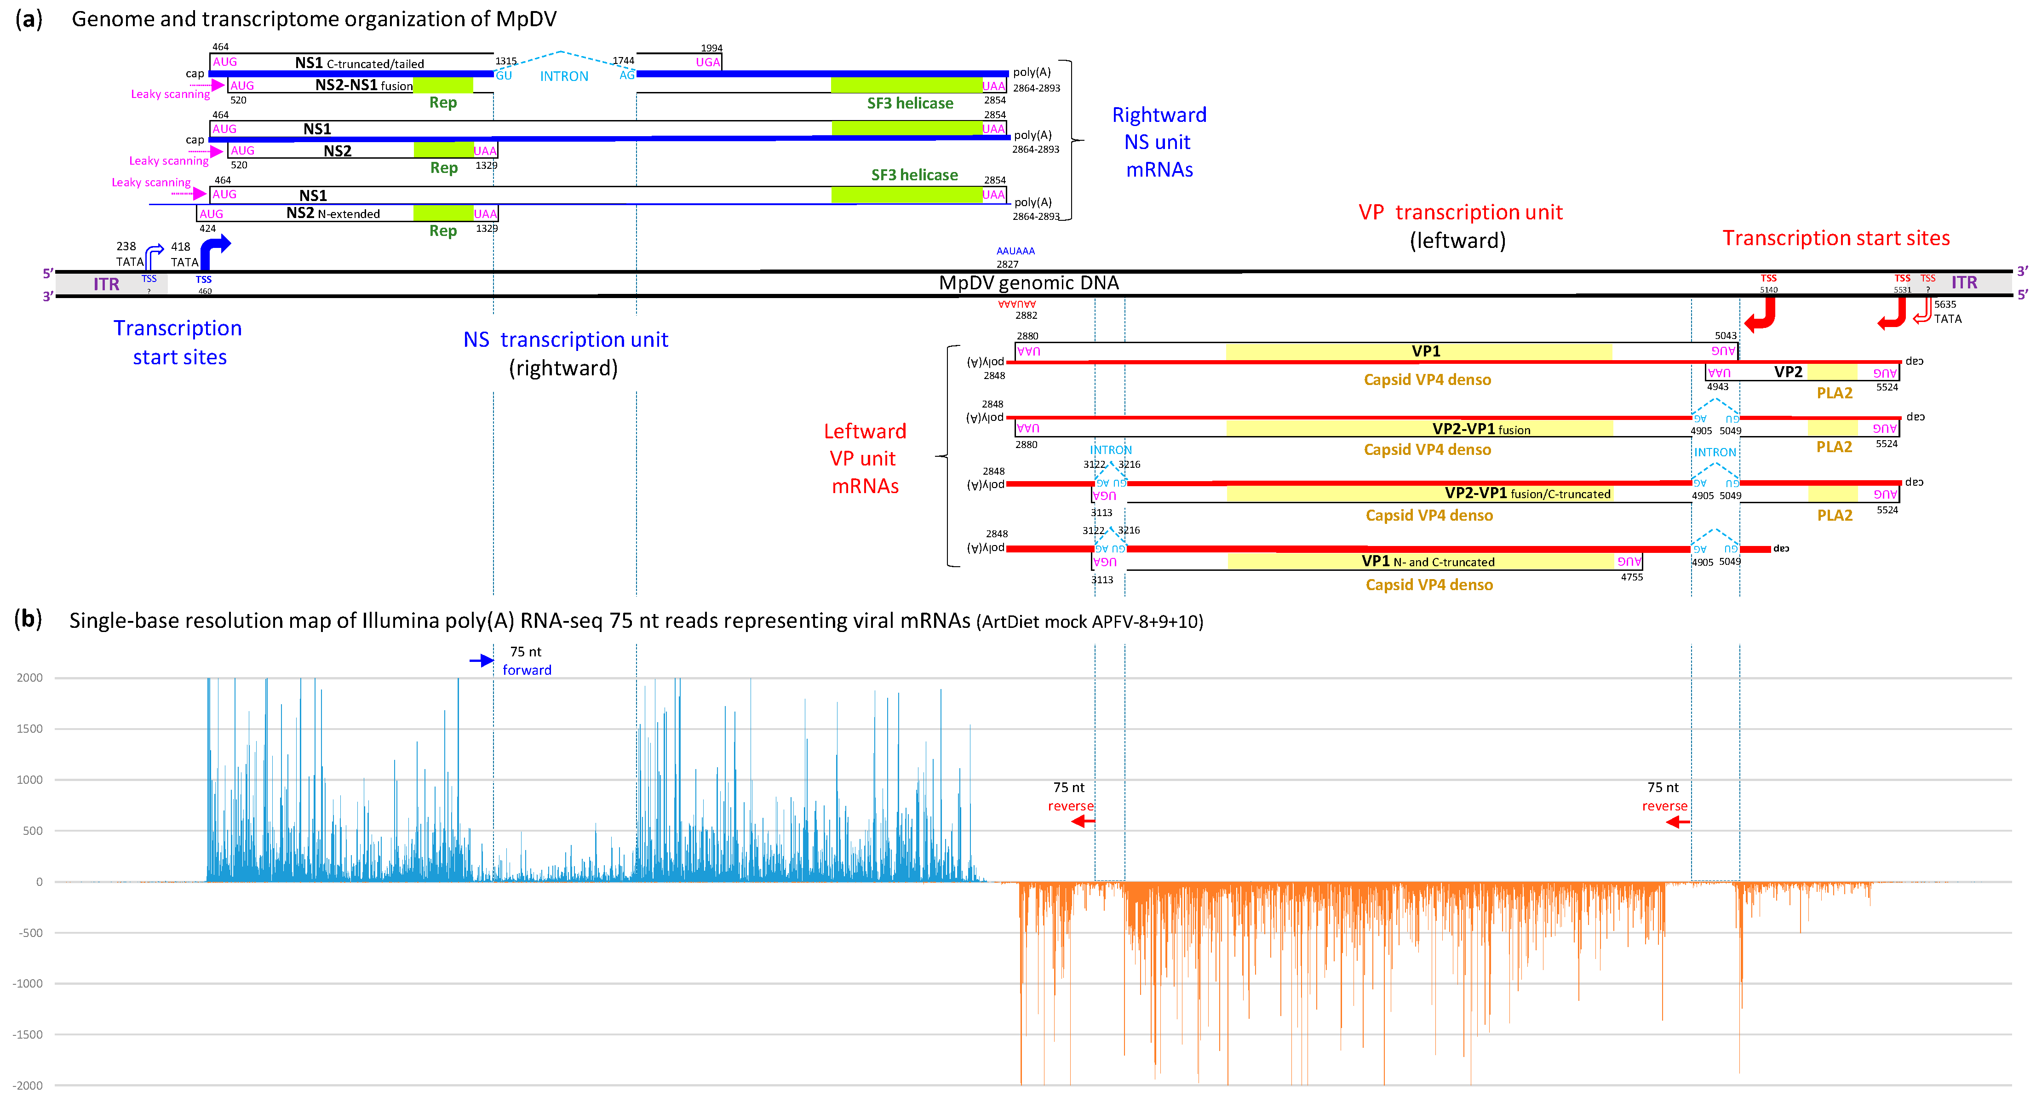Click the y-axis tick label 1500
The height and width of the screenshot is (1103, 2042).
pyautogui.click(x=29, y=729)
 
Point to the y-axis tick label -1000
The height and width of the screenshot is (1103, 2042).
pyautogui.click(x=27, y=983)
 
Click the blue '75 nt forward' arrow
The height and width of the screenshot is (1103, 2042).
pyautogui.click(x=481, y=661)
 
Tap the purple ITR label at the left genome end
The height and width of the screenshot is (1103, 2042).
pyautogui.click(x=106, y=284)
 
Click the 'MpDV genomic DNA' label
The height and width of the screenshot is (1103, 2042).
pyautogui.click(x=1028, y=283)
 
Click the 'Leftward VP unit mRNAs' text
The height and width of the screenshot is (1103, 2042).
pyautogui.click(x=864, y=458)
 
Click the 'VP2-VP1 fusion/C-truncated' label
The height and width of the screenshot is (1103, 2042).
pyautogui.click(x=1527, y=493)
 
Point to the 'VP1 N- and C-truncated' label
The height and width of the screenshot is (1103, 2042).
pyautogui.click(x=1427, y=562)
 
